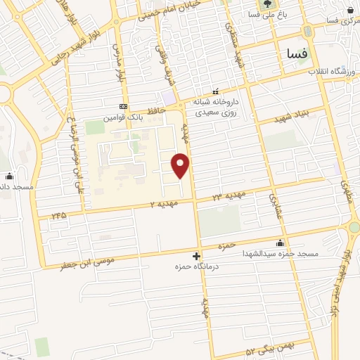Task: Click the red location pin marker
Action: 181,165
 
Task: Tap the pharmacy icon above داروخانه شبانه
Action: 217,92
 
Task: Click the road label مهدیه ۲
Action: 165,203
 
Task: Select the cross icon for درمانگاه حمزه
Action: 196,257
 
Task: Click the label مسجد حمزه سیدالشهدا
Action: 281,253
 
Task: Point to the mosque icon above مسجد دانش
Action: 9,176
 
